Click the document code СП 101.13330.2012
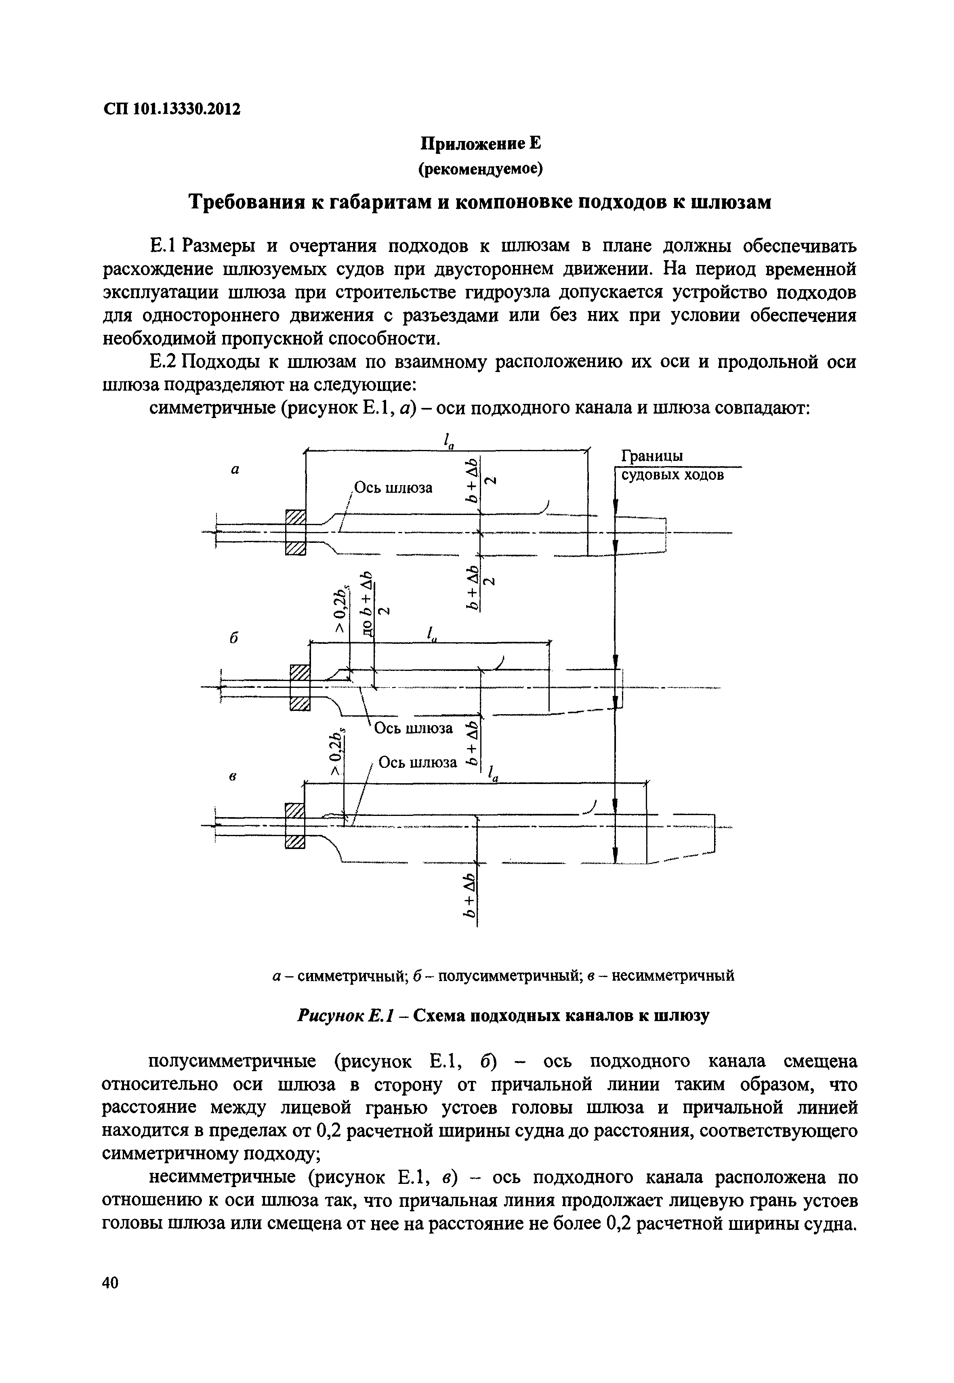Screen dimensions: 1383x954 coord(172,109)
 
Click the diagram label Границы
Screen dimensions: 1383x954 coord(651,456)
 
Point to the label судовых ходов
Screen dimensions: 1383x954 coord(672,475)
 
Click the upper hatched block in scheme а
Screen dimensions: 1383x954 coord(295,517)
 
